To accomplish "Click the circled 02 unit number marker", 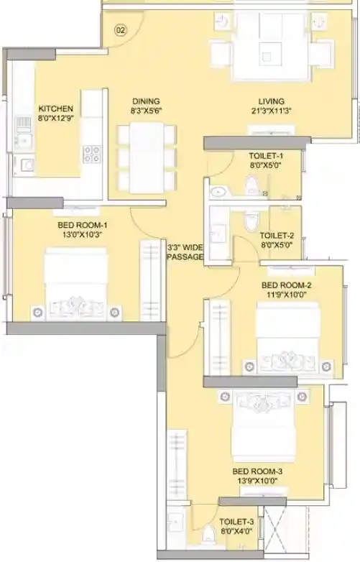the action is pyautogui.click(x=121, y=30).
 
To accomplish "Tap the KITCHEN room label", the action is pyautogui.click(x=56, y=109).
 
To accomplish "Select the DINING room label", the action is pyautogui.click(x=146, y=101).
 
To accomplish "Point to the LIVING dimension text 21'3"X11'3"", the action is pyautogui.click(x=271, y=111).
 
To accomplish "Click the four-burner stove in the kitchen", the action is pyautogui.click(x=92, y=153).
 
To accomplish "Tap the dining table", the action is pyautogui.click(x=147, y=157).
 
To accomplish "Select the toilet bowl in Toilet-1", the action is pyautogui.click(x=251, y=185).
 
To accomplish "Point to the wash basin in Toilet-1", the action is pyautogui.click(x=217, y=192).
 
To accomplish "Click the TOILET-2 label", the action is pyautogui.click(x=277, y=236).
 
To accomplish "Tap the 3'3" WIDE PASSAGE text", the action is pyautogui.click(x=185, y=252).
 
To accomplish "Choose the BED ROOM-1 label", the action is pyautogui.click(x=83, y=225).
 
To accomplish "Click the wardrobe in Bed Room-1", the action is pyautogui.click(x=151, y=281).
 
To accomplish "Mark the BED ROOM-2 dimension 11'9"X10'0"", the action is pyautogui.click(x=286, y=295).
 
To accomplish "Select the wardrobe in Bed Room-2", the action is pyautogui.click(x=219, y=338).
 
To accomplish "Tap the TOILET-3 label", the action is pyautogui.click(x=237, y=522).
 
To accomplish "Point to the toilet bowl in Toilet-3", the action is pyautogui.click(x=208, y=535).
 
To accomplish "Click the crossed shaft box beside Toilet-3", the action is pyautogui.click(x=276, y=528).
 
